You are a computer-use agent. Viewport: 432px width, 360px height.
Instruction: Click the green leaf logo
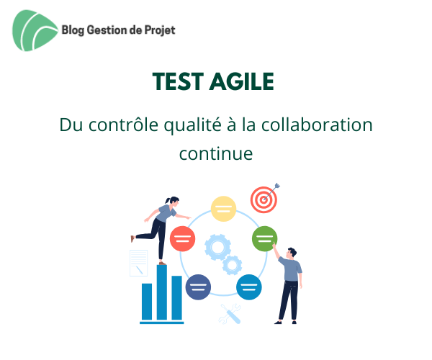[x=35, y=31]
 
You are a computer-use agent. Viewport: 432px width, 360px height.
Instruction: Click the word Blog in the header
[x=75, y=30]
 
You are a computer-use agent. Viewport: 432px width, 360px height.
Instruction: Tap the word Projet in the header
[x=158, y=30]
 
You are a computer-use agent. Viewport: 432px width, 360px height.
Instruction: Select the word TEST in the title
[x=178, y=82]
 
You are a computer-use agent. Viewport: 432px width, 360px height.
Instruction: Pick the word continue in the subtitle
[x=216, y=153]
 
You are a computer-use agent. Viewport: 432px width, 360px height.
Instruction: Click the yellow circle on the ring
[x=223, y=209]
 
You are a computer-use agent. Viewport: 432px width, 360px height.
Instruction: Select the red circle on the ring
[x=183, y=238]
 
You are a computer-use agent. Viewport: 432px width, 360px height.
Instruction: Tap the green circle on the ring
[x=264, y=237]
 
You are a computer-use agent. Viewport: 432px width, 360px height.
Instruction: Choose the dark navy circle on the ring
[x=198, y=287]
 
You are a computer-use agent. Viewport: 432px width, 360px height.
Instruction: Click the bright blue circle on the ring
[x=248, y=287]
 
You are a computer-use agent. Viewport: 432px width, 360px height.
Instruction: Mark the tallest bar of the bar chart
[x=162, y=292]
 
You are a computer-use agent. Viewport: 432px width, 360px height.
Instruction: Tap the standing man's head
[x=290, y=253]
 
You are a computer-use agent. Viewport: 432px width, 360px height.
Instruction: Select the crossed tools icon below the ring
[x=231, y=313]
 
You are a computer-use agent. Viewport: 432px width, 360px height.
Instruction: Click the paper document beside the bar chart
[x=138, y=264]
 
